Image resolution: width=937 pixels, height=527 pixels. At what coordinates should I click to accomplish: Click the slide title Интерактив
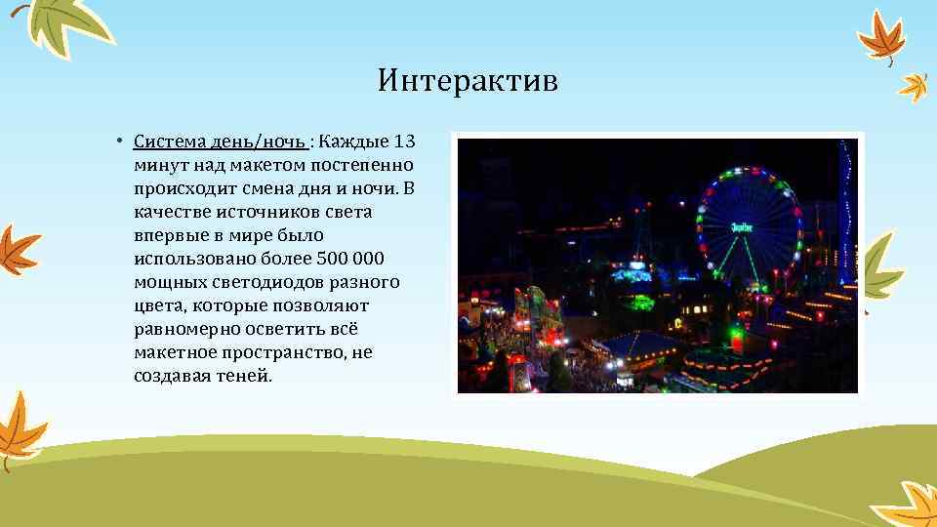tap(468, 80)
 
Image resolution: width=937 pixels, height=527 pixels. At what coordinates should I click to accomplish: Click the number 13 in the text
tap(404, 142)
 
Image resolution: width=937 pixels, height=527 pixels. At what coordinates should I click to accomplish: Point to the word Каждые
tap(352, 142)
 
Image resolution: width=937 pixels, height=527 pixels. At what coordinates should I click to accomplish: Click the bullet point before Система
tap(116, 142)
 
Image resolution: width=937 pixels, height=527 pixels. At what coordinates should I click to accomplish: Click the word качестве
tap(171, 212)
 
